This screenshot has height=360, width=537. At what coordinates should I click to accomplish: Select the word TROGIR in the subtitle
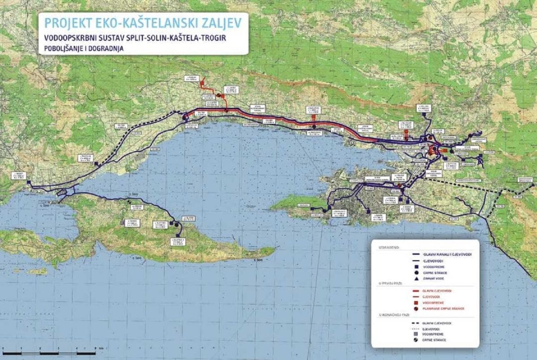[x=213, y=38]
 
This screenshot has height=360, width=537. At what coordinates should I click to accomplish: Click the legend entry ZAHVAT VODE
[x=434, y=279]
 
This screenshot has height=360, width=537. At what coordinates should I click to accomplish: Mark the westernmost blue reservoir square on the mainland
[x=29, y=182]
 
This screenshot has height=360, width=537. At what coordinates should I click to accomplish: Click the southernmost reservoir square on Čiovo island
[x=178, y=235]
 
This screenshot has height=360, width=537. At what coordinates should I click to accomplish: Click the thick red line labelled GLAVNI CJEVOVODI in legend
[x=418, y=291]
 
